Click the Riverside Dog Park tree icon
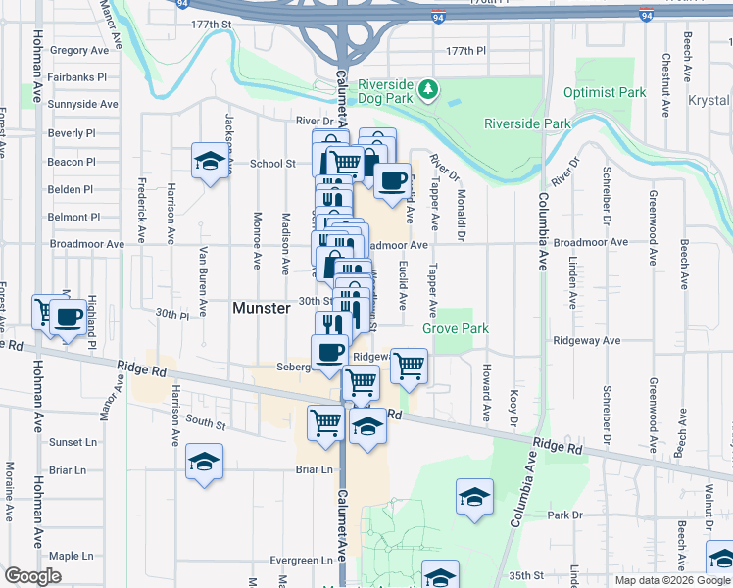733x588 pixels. (x=427, y=90)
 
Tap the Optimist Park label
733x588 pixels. (x=605, y=93)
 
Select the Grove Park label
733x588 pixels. (x=455, y=329)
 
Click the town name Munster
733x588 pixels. (x=262, y=308)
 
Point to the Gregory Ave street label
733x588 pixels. (x=78, y=50)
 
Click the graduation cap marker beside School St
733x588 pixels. (x=209, y=161)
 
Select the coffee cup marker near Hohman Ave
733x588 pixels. (x=69, y=318)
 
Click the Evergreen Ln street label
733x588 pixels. (x=303, y=561)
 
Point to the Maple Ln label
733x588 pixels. (x=70, y=556)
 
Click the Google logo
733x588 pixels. (x=34, y=576)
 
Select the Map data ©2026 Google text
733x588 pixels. (x=672, y=580)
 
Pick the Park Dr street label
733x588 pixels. (x=565, y=514)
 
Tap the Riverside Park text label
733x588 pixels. (x=527, y=124)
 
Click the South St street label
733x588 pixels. (x=206, y=424)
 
